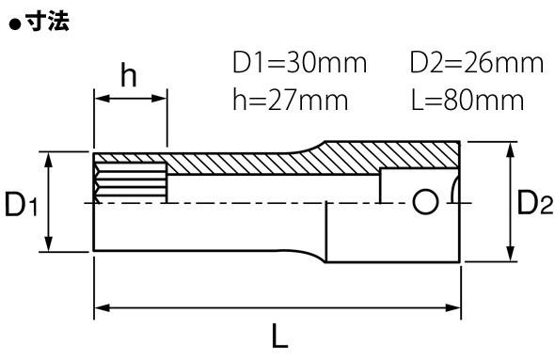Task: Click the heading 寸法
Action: (48, 22)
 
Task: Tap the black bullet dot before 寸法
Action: (15, 25)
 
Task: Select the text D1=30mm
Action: (299, 63)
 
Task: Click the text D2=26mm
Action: (476, 63)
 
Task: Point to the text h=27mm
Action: (291, 100)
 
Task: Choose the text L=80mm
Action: (468, 100)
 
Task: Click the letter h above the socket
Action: (129, 75)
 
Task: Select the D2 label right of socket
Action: (535, 202)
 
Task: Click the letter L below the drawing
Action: (280, 336)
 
